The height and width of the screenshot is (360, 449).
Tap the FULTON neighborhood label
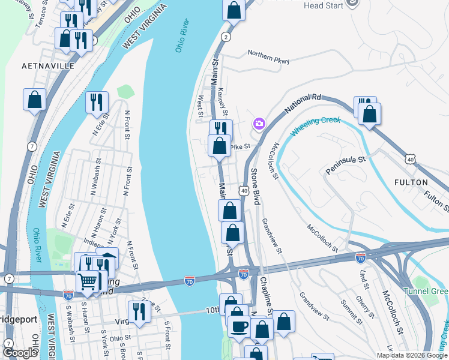[x=411, y=182]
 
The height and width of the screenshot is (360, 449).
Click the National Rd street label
[x=304, y=101]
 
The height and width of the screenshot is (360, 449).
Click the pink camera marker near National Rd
[x=259, y=124]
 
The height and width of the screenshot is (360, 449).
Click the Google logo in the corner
[x=20, y=353]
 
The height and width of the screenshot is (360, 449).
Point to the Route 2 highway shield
[x=226, y=37]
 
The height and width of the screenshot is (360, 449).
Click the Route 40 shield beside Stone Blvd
[x=244, y=190]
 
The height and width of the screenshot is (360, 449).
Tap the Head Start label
[x=324, y=5]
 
